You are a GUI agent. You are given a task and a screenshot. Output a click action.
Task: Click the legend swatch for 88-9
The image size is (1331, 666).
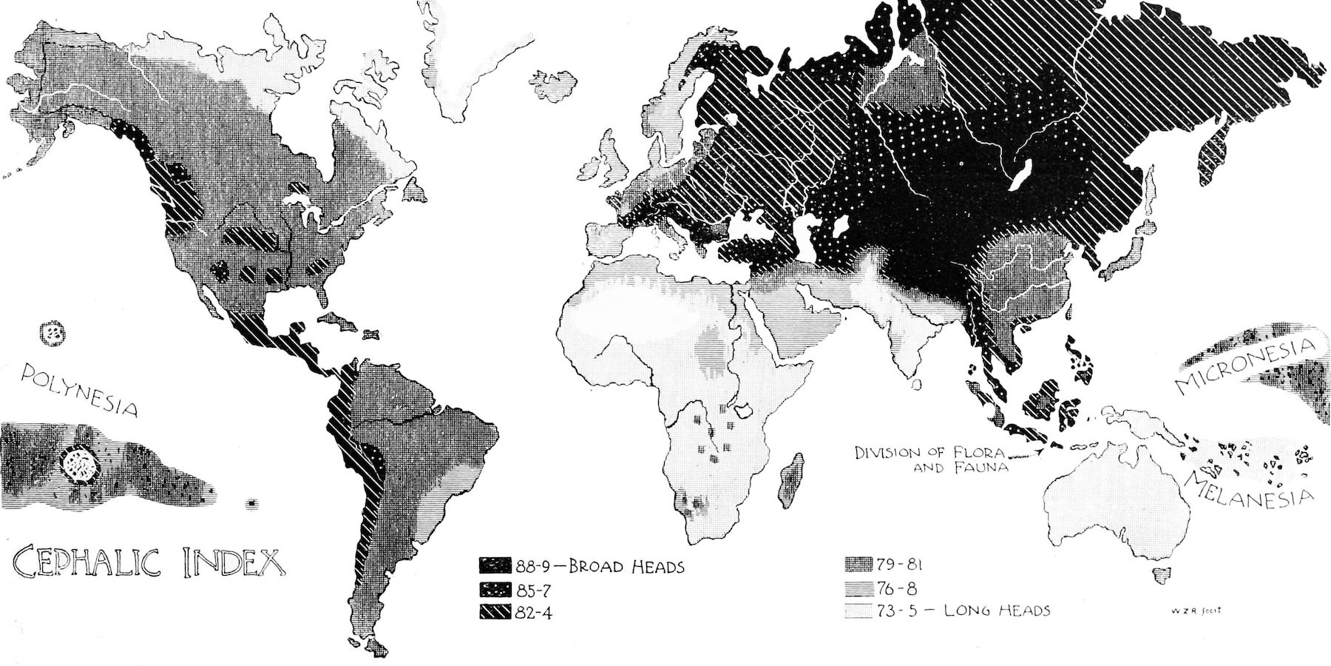click(x=495, y=567)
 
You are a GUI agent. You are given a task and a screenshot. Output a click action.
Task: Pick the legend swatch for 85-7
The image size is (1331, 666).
click(x=495, y=591)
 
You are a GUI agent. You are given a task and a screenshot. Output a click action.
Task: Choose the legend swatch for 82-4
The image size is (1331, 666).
click(x=495, y=613)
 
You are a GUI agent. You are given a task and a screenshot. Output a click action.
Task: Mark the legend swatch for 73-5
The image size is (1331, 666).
click(x=858, y=610)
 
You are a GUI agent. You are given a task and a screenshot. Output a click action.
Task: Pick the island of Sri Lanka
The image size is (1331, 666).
click(x=918, y=385)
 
